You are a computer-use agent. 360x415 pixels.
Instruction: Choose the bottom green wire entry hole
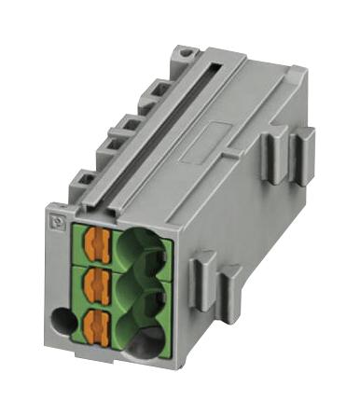pos(140,336)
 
